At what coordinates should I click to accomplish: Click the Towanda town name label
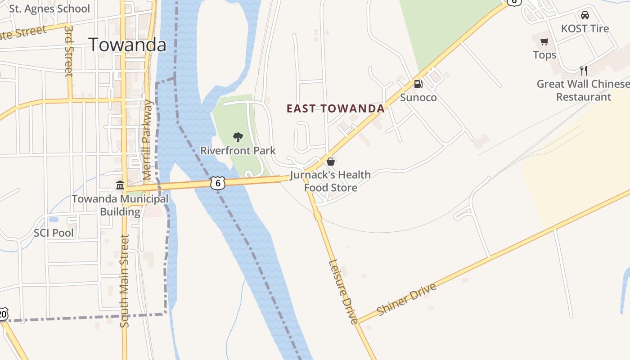pos(127,45)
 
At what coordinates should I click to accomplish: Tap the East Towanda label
pos(336,108)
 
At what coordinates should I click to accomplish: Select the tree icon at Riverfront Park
pos(238,137)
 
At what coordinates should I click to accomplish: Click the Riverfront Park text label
pos(238,151)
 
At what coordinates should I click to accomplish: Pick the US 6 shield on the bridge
pos(218,183)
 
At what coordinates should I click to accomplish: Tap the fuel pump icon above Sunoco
pos(418,84)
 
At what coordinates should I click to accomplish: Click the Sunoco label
pos(418,97)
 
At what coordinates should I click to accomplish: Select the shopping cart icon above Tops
pos(544,42)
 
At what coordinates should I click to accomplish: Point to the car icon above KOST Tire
pos(585,15)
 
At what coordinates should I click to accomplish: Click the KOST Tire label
pos(585,29)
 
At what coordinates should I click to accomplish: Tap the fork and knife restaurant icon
pos(584,70)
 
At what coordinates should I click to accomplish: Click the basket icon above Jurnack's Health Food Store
pos(331,161)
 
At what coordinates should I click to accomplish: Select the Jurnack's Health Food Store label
pos(331,181)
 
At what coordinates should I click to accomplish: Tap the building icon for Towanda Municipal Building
pos(120,185)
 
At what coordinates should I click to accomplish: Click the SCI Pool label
pos(54,233)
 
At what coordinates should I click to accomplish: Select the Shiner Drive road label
pos(407,300)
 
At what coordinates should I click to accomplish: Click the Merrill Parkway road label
pos(148,140)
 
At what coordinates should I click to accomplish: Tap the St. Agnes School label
pos(49,9)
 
